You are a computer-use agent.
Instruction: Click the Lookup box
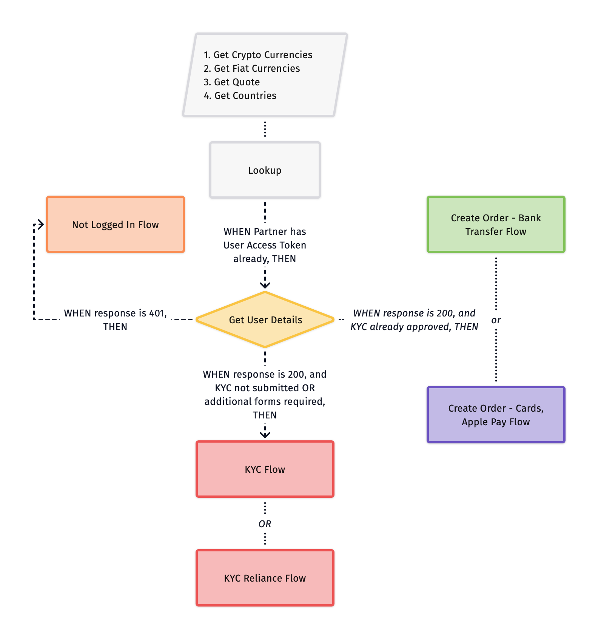(x=265, y=170)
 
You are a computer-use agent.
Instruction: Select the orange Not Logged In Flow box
(x=115, y=224)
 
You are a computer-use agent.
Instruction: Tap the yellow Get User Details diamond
(x=265, y=319)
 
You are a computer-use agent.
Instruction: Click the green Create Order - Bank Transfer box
(x=495, y=224)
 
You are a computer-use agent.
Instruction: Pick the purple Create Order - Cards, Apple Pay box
(x=495, y=414)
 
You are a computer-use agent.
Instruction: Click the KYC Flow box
(x=265, y=469)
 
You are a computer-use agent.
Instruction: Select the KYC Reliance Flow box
(x=265, y=577)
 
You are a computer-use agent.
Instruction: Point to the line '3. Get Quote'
(x=232, y=82)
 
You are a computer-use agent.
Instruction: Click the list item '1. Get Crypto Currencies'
(x=258, y=55)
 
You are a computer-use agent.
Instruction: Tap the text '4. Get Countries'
(x=240, y=96)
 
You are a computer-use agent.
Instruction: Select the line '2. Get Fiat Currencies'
(x=252, y=68)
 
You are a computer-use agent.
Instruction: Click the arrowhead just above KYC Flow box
(x=265, y=435)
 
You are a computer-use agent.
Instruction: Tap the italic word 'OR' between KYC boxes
(x=265, y=524)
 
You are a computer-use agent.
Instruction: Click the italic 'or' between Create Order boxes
(x=496, y=320)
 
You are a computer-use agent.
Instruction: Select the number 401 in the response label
(x=157, y=313)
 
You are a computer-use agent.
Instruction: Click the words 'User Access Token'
(x=265, y=245)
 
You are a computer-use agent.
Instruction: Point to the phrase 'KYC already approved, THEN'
(x=414, y=327)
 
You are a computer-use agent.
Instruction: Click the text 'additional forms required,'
(x=265, y=401)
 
